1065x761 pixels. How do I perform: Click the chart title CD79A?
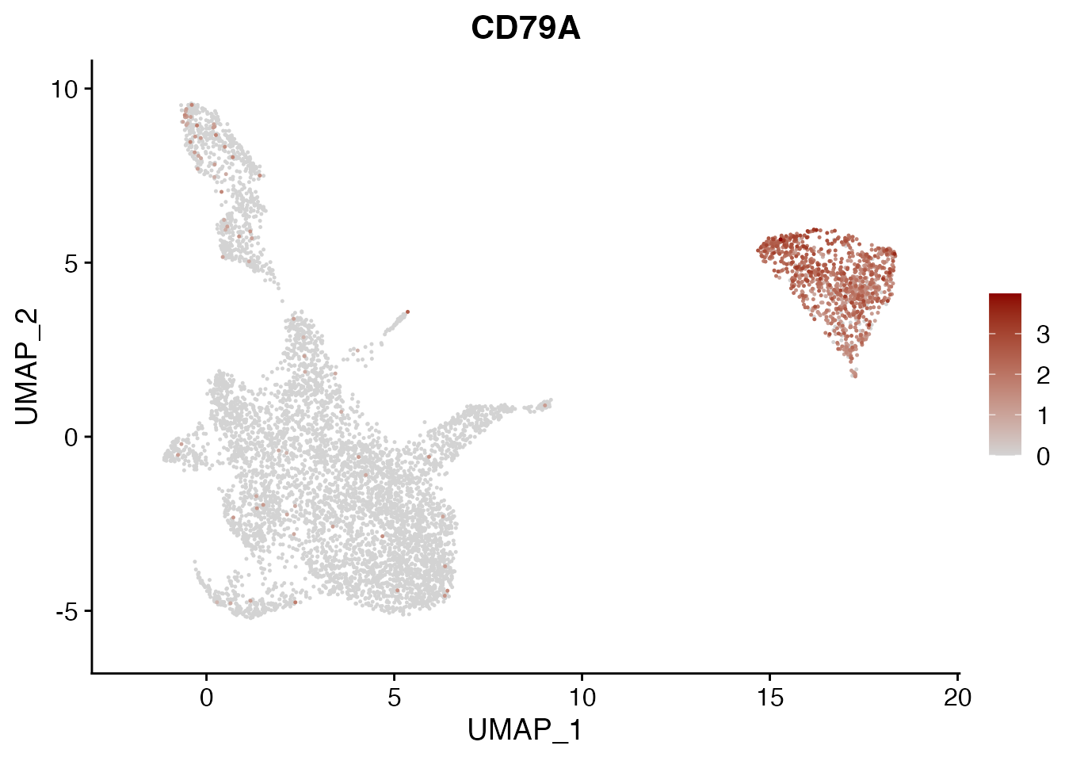coord(525,29)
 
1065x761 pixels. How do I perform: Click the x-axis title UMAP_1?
coord(525,730)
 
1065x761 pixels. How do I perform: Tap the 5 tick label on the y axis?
coord(71,263)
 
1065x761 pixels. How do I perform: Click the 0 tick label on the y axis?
coord(71,437)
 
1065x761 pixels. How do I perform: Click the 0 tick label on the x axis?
coord(206,698)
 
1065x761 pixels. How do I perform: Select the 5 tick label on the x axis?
coord(394,698)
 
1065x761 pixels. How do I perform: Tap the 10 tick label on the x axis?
coord(582,698)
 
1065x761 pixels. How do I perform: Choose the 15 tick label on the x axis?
coord(769,698)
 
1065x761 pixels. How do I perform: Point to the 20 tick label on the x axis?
coord(957,698)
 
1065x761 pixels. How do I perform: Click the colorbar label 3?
coord(1043,335)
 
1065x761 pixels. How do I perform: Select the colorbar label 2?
coord(1043,376)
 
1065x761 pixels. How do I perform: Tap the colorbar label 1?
coord(1043,415)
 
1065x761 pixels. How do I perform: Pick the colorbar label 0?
coord(1043,456)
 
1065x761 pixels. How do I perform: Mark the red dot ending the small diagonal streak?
coord(407,312)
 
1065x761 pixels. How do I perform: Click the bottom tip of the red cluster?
coord(854,375)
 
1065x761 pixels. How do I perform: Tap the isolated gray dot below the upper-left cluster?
coord(281,300)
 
